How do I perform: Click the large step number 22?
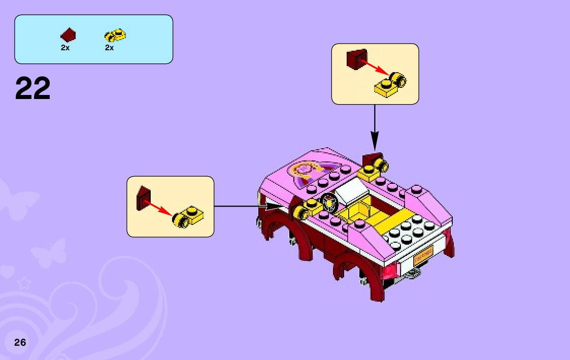coord(33,88)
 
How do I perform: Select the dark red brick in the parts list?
coord(68,35)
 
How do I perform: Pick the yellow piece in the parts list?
coord(115,35)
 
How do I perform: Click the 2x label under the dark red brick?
coord(65,48)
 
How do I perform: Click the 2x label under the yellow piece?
coord(109,48)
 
